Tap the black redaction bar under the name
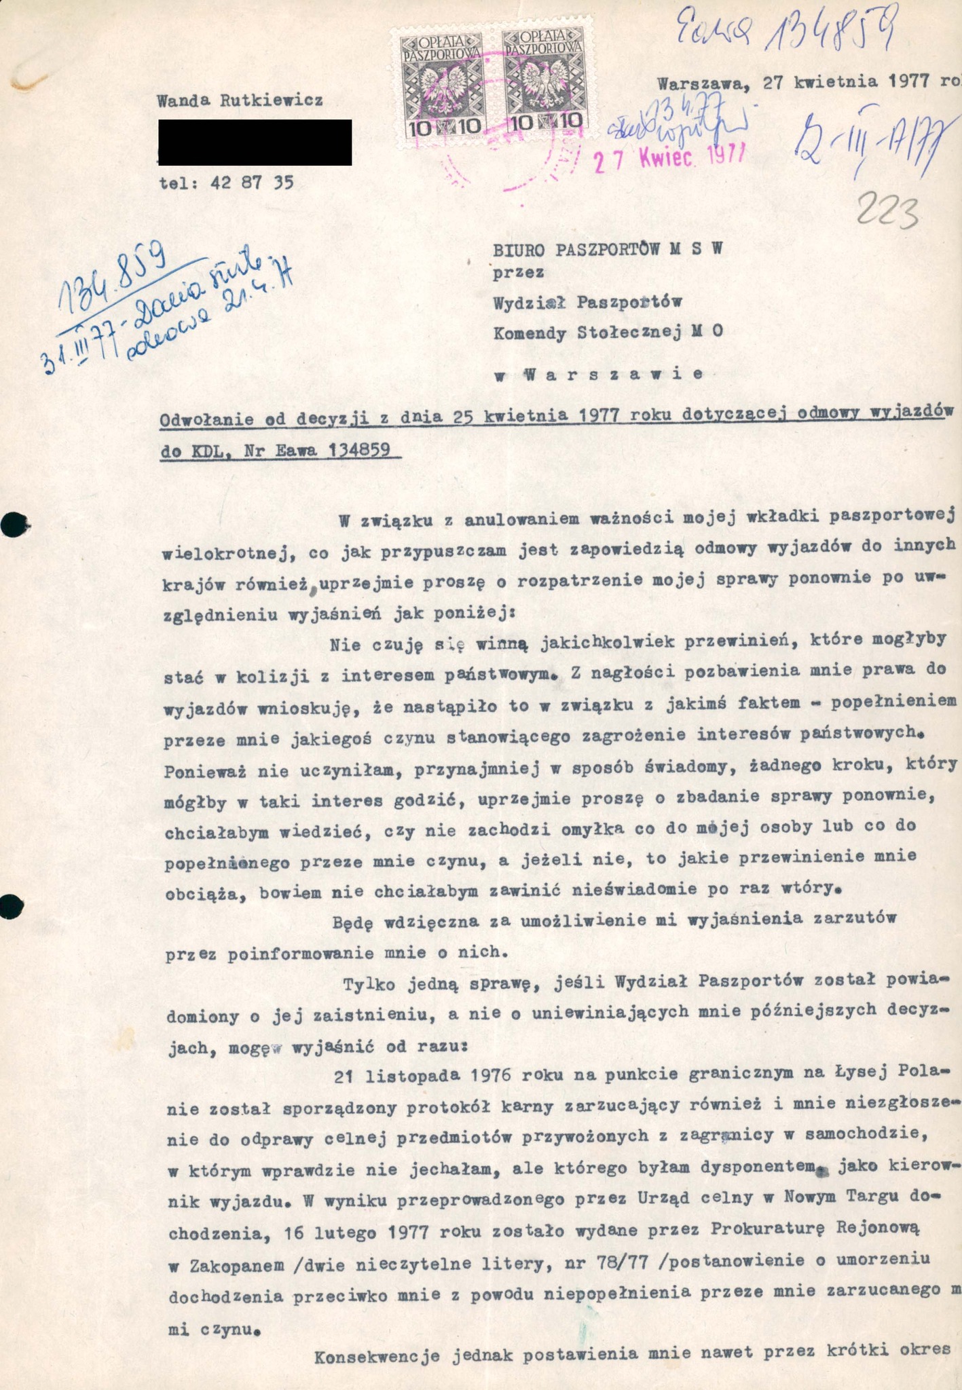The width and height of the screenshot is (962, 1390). click(255, 142)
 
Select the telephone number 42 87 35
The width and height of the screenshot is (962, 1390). click(252, 183)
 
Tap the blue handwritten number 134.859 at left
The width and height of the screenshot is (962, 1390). click(114, 276)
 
